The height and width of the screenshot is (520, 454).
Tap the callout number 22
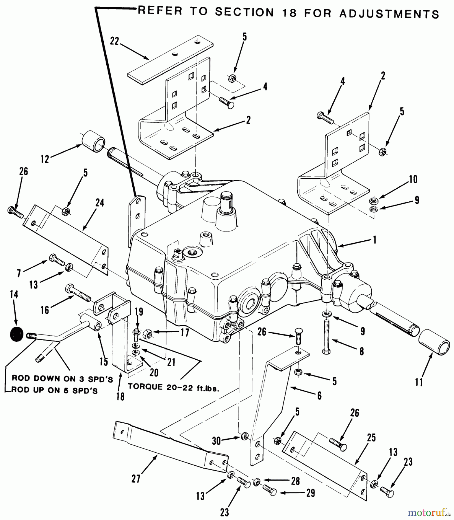114,41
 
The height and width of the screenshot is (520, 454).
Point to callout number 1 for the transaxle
375,240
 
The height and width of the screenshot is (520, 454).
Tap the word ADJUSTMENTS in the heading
389,14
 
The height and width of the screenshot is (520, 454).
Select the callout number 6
319,395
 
